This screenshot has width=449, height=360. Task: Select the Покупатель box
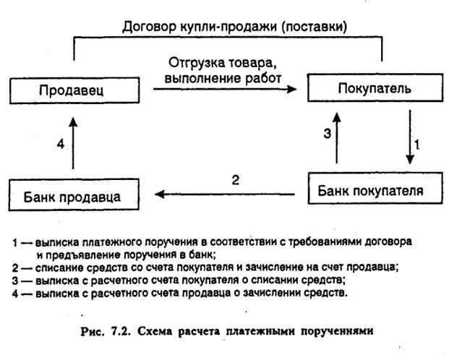(375, 90)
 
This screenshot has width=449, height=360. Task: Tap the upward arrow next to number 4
(74, 144)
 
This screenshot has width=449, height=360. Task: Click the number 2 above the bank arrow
(235, 179)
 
